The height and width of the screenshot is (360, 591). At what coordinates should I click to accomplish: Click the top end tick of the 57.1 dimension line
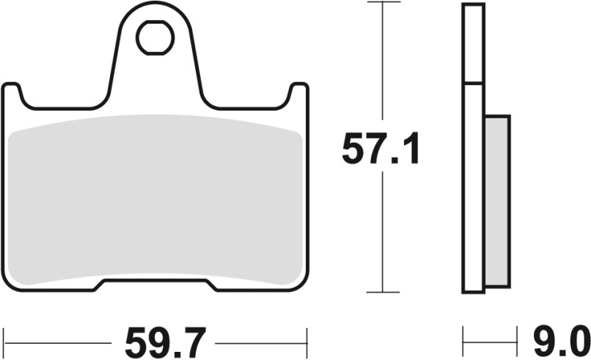tap(381, 3)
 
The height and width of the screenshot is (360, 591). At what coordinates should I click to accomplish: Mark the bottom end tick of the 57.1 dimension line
tap(381, 292)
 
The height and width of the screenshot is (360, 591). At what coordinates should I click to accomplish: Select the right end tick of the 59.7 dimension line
tap(307, 343)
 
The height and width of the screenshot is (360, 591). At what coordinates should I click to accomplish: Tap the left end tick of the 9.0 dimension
tap(464, 343)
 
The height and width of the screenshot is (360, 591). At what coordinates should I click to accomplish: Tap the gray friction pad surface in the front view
tap(154, 200)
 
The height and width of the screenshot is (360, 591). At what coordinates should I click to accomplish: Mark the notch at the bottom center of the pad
tap(154, 284)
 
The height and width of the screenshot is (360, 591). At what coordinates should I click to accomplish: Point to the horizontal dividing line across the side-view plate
tap(474, 83)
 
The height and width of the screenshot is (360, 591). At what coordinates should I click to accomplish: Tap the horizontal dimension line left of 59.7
tap(59, 343)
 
